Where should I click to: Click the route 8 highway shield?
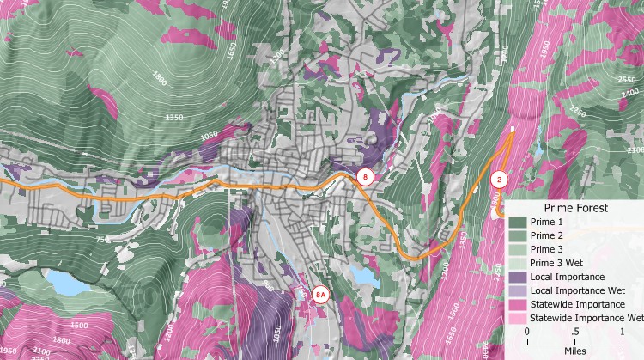[x=365, y=178]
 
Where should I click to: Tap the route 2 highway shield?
[x=500, y=180]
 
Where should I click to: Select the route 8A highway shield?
[x=320, y=295]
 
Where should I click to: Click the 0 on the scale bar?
[x=526, y=331]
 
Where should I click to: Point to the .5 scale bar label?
[x=574, y=331]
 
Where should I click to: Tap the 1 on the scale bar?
[x=622, y=331]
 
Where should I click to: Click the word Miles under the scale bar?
[x=574, y=346]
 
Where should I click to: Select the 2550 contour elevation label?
[x=624, y=80]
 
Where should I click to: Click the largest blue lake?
[x=63, y=280]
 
